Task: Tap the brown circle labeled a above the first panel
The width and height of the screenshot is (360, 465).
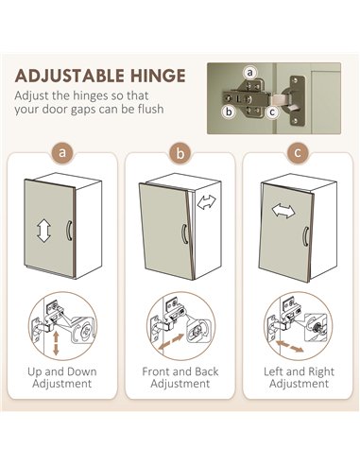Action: [62, 153]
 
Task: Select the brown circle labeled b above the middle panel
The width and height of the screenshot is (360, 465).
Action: [180, 153]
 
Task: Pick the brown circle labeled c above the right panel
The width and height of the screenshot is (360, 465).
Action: [298, 153]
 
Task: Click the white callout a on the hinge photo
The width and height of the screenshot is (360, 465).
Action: [249, 73]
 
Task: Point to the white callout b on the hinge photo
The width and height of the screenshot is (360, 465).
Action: [229, 112]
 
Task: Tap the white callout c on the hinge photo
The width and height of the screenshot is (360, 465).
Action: [272, 112]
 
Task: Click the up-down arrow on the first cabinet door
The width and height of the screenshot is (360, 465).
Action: [43, 231]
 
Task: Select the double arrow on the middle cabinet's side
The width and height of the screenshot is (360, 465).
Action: [207, 202]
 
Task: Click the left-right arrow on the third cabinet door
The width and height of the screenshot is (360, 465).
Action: [283, 211]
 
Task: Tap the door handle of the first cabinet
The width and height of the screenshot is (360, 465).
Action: [69, 231]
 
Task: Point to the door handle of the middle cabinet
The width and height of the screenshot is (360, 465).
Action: [184, 233]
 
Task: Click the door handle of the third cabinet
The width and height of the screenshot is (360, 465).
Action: [305, 236]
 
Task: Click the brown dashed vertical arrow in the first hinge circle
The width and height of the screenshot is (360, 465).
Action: [56, 343]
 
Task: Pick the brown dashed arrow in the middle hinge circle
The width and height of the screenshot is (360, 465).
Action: [171, 342]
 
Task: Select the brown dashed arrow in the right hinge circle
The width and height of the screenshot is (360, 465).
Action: [290, 346]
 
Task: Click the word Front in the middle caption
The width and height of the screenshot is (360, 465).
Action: [156, 371]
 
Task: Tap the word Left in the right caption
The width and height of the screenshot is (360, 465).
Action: [273, 371]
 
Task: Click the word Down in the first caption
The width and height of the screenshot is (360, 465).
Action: [80, 371]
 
